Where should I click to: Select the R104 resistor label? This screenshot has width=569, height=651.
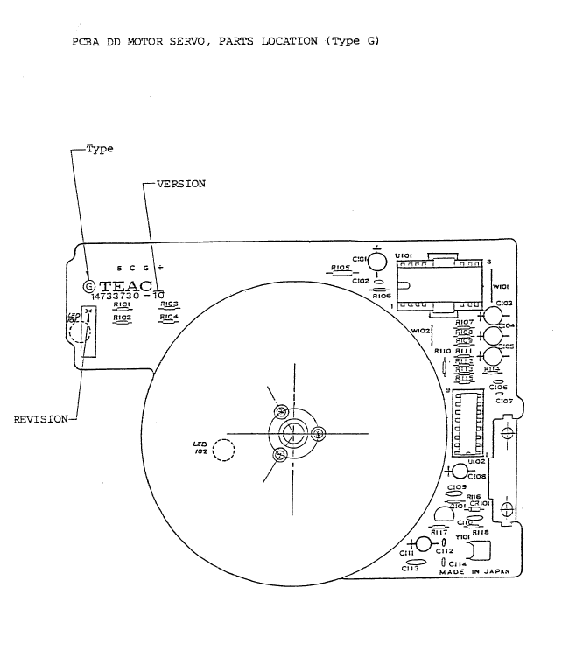[x=170, y=316]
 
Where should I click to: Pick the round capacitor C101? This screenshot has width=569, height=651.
[x=377, y=260]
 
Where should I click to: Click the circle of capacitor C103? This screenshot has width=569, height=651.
[x=494, y=316]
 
